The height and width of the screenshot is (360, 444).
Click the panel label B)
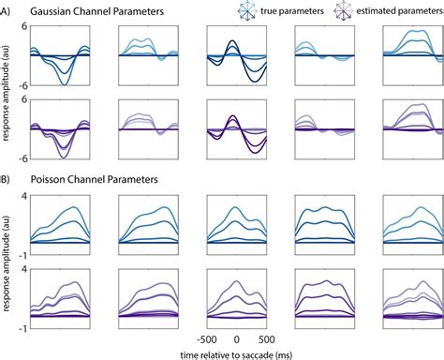pos(8,175)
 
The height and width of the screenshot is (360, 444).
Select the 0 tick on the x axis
pos(236,338)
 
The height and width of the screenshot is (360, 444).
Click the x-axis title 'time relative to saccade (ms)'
pos(236,352)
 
